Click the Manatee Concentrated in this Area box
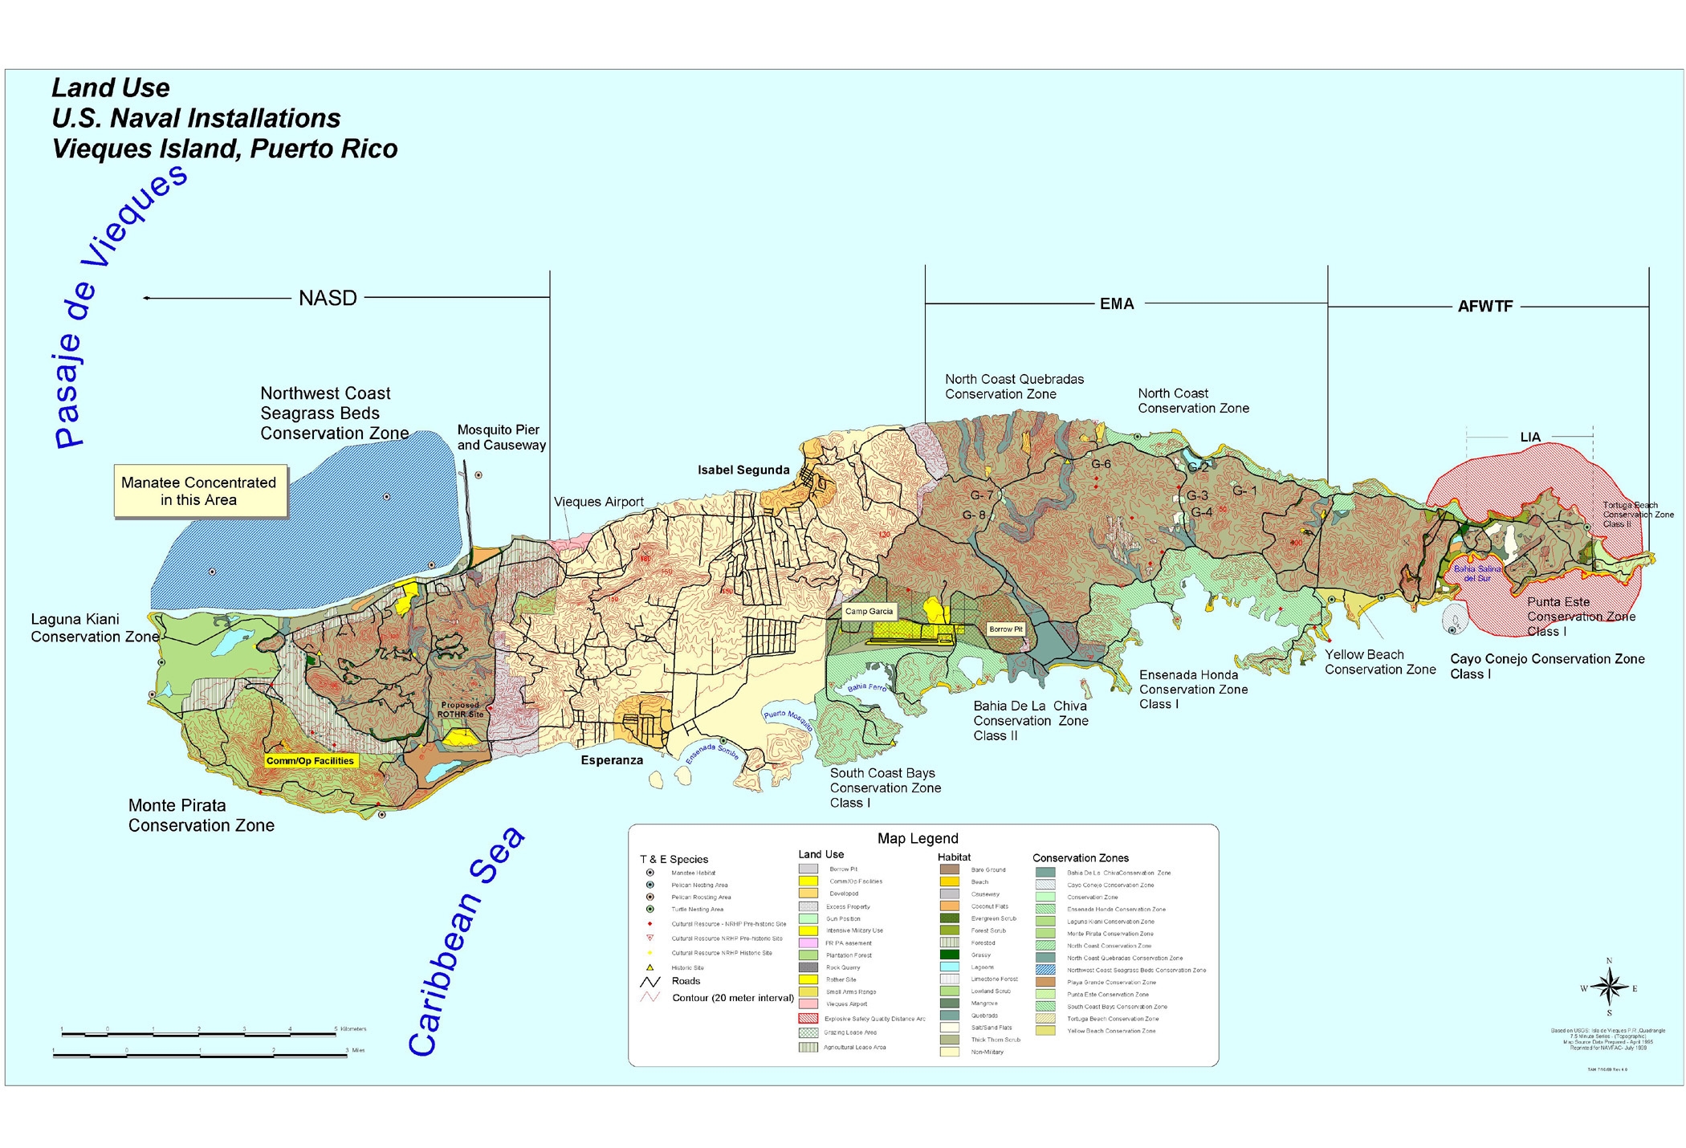coord(199,491)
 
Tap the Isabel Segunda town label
coord(743,470)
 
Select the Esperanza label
coord(612,760)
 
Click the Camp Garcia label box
coord(869,612)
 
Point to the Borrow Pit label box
coord(1006,629)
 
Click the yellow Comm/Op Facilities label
coord(310,761)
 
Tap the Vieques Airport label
coord(599,503)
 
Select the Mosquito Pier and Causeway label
coord(501,438)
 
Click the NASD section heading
coord(328,299)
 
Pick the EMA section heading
coord(1117,304)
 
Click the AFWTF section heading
coord(1484,307)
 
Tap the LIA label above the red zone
coord(1530,438)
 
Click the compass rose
coord(1609,987)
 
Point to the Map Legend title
coord(918,839)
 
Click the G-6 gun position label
coord(1101,464)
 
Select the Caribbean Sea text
coord(466,943)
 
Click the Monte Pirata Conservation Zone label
coord(201,816)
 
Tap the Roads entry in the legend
coord(685,981)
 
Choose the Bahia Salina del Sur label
coord(1476,573)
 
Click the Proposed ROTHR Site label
coord(460,710)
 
